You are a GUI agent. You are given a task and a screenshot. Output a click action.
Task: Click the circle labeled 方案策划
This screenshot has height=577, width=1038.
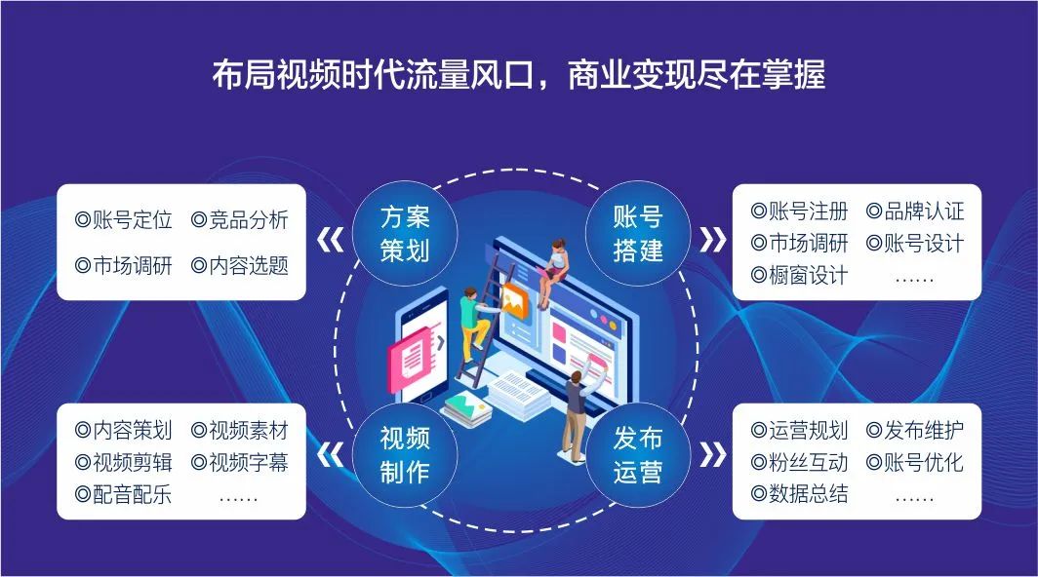[405, 234]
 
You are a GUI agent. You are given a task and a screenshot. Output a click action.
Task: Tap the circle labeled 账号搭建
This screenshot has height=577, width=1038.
[637, 234]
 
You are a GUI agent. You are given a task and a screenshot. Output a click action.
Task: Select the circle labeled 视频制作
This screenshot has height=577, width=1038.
[405, 454]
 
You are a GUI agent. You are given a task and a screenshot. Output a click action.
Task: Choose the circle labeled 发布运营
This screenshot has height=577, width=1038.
[637, 454]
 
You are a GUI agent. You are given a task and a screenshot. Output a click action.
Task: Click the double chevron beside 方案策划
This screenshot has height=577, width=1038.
[331, 240]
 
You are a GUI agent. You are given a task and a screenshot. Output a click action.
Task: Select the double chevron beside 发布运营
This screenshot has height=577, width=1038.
[713, 454]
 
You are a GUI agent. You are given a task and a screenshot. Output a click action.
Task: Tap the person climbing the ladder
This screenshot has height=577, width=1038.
[475, 324]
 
